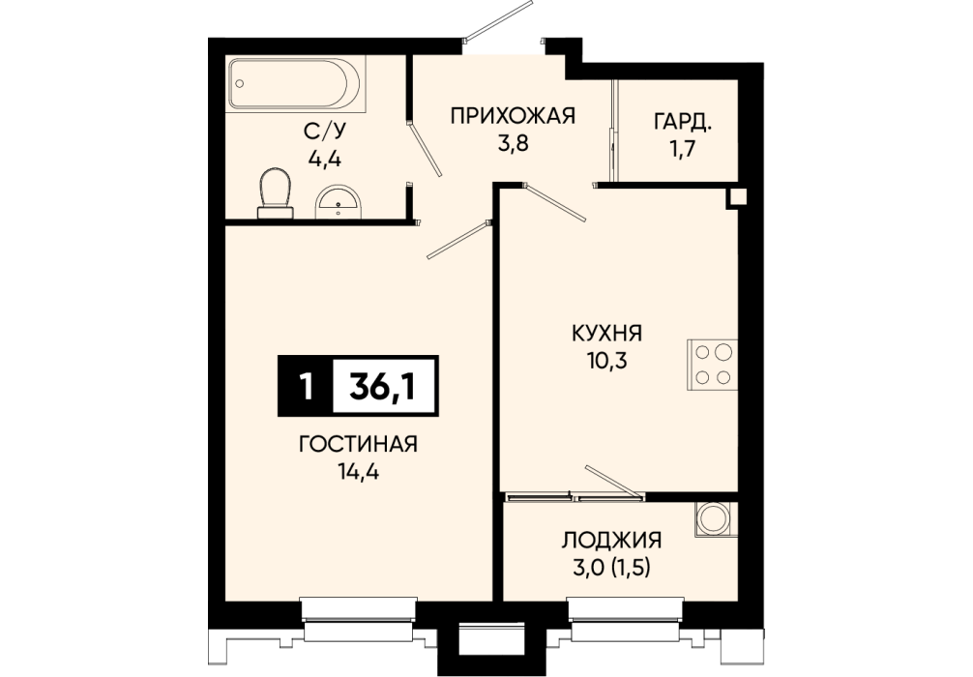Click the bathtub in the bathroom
295,84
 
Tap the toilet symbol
275,193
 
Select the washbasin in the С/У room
338,202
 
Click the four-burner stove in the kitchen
713,365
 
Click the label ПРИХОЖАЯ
514,115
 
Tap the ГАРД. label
682,122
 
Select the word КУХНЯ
606,334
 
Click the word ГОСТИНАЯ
358,444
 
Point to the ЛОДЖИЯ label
611,540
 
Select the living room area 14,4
359,473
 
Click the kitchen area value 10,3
606,361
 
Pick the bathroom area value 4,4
325,158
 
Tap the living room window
358,619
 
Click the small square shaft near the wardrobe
737,197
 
